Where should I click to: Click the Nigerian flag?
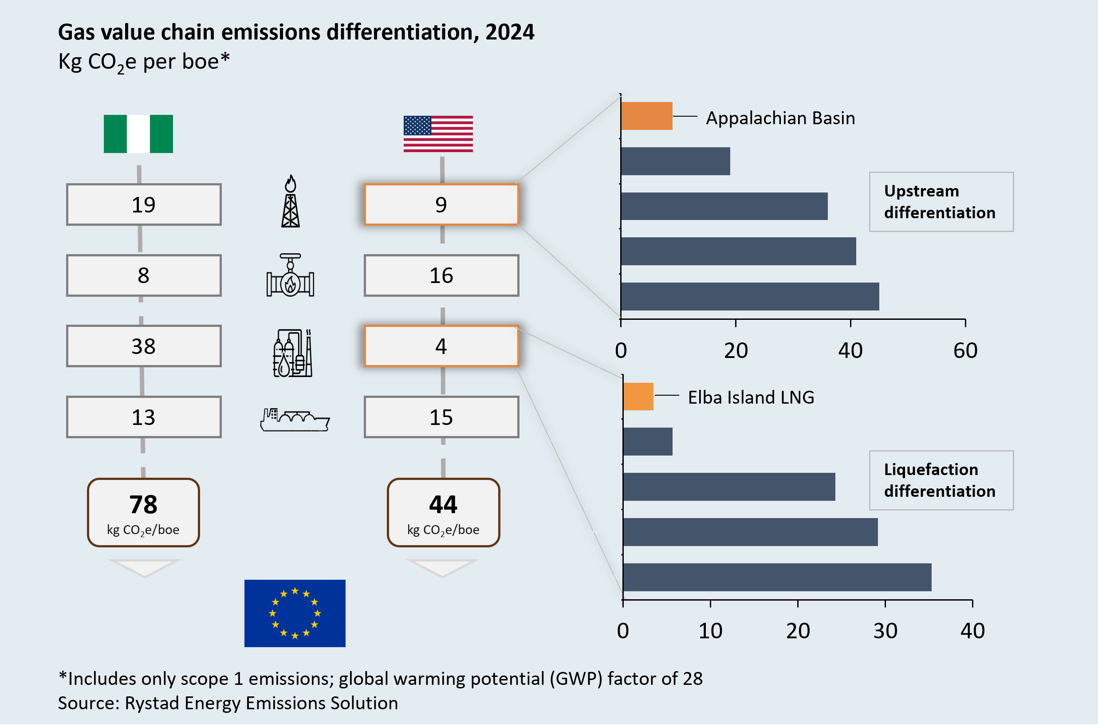[x=138, y=134]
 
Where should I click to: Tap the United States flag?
[x=438, y=134]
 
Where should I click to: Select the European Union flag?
[x=295, y=613]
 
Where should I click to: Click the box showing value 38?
[x=144, y=346]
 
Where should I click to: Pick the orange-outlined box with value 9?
[x=441, y=205]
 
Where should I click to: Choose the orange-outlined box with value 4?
[x=441, y=346]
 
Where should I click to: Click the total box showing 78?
[x=143, y=512]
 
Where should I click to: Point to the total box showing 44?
[x=443, y=512]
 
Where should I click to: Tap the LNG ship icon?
[x=295, y=420]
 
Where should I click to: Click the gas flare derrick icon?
[x=291, y=201]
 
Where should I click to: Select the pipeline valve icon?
[x=290, y=275]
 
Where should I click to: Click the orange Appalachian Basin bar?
[x=646, y=116]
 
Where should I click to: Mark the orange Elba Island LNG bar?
[x=638, y=397]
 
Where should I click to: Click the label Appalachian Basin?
[x=780, y=118]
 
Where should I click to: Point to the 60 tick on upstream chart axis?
[x=965, y=350]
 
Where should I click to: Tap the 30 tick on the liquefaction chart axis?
[x=885, y=631]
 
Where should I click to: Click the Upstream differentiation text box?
[x=941, y=202]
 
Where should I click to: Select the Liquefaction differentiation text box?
[x=941, y=480]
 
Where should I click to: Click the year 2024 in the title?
[x=510, y=32]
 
